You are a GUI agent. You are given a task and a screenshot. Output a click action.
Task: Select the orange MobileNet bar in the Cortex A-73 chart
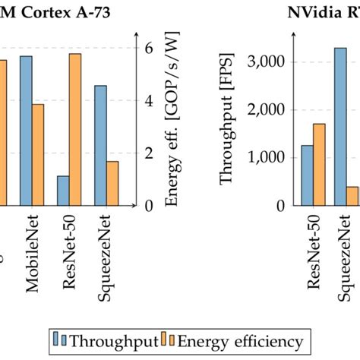pos(37,154)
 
